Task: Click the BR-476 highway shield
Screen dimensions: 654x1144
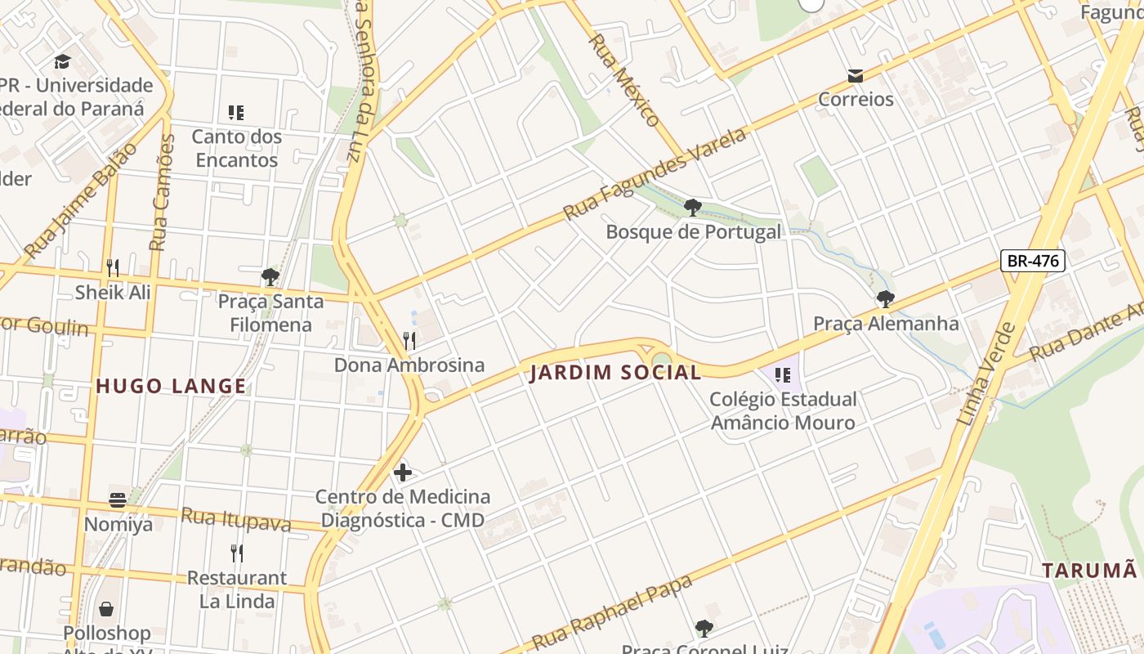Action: [1033, 261]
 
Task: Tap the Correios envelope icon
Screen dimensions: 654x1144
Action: [856, 76]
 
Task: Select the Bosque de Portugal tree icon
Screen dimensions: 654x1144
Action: [693, 208]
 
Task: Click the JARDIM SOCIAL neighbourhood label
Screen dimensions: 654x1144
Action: [615, 373]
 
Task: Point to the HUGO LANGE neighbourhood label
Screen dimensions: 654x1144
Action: [171, 386]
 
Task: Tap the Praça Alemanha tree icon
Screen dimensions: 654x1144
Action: [885, 299]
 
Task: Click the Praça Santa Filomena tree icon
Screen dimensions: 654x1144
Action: [270, 277]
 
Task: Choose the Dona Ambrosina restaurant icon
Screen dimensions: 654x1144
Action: [409, 340]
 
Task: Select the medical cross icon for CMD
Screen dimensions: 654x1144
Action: [403, 472]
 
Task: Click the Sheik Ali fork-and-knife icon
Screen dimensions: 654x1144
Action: [113, 267]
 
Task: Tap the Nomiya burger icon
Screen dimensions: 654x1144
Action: [118, 499]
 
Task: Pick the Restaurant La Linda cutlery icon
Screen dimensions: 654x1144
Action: [236, 553]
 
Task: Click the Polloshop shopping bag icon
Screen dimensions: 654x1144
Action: [106, 609]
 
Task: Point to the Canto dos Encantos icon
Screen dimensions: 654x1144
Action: [236, 113]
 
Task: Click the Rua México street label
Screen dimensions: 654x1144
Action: [624, 79]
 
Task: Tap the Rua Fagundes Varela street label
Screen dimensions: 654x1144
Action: [655, 173]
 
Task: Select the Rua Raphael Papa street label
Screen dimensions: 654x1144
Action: [612, 611]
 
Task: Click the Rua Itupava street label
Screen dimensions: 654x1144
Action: [235, 519]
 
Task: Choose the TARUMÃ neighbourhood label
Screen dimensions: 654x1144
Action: [1089, 570]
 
